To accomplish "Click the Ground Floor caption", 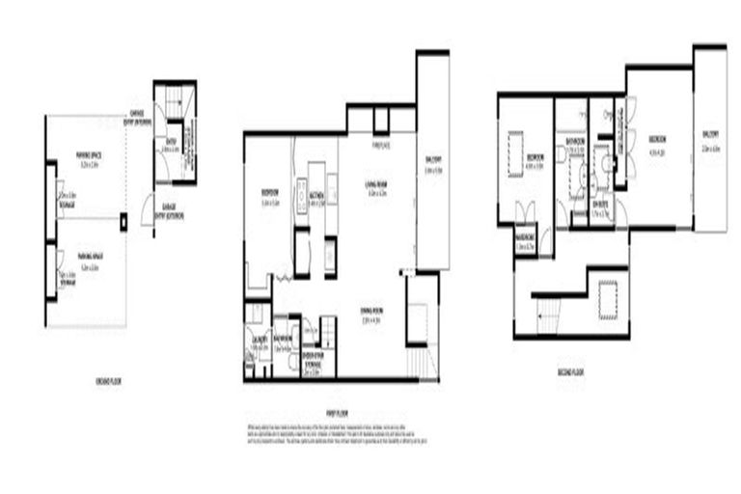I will click(108, 382).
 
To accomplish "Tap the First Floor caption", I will click(337, 413).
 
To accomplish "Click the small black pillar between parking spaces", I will click(123, 222).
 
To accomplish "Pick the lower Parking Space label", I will click(94, 257).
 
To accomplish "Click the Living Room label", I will click(376, 184).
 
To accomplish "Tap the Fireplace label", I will click(381, 145).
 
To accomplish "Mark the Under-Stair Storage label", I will click(312, 356).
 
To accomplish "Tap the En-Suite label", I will click(600, 205).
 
